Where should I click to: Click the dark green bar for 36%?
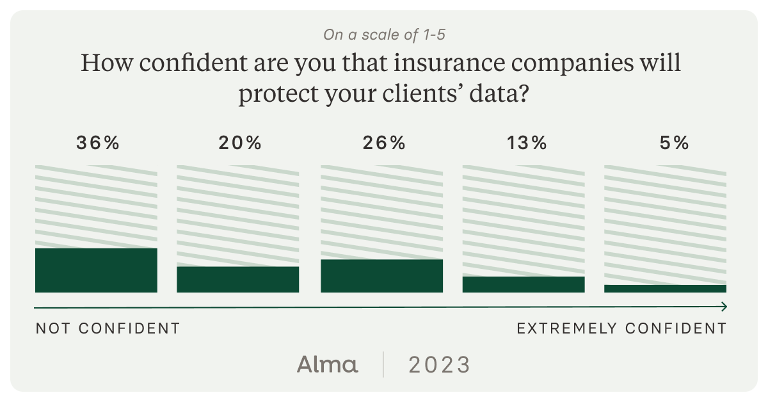click(96, 270)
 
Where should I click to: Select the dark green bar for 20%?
click(237, 279)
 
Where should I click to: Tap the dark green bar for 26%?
click(381, 276)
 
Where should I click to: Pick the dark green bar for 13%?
click(524, 284)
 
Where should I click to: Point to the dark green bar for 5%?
click(665, 289)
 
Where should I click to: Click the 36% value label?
click(98, 143)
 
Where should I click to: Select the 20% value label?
click(240, 143)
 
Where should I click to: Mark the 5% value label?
click(673, 143)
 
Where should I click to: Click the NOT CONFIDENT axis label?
click(108, 328)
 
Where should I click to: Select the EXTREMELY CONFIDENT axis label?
click(621, 328)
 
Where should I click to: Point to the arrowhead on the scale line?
click(724, 307)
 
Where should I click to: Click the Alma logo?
click(327, 365)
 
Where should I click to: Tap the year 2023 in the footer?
click(439, 365)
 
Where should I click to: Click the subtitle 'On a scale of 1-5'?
click(384, 35)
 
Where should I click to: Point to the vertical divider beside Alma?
click(383, 365)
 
